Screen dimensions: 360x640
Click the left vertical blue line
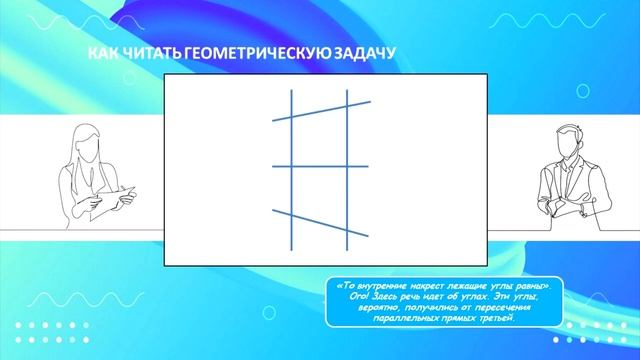(x=291, y=190)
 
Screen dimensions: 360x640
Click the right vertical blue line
(x=347, y=190)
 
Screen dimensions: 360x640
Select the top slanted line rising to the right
(x=320, y=110)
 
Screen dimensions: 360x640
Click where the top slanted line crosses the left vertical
(x=291, y=115)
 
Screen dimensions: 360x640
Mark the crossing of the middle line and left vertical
(x=291, y=166)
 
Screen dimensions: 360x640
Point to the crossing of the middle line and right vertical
(x=347, y=166)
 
